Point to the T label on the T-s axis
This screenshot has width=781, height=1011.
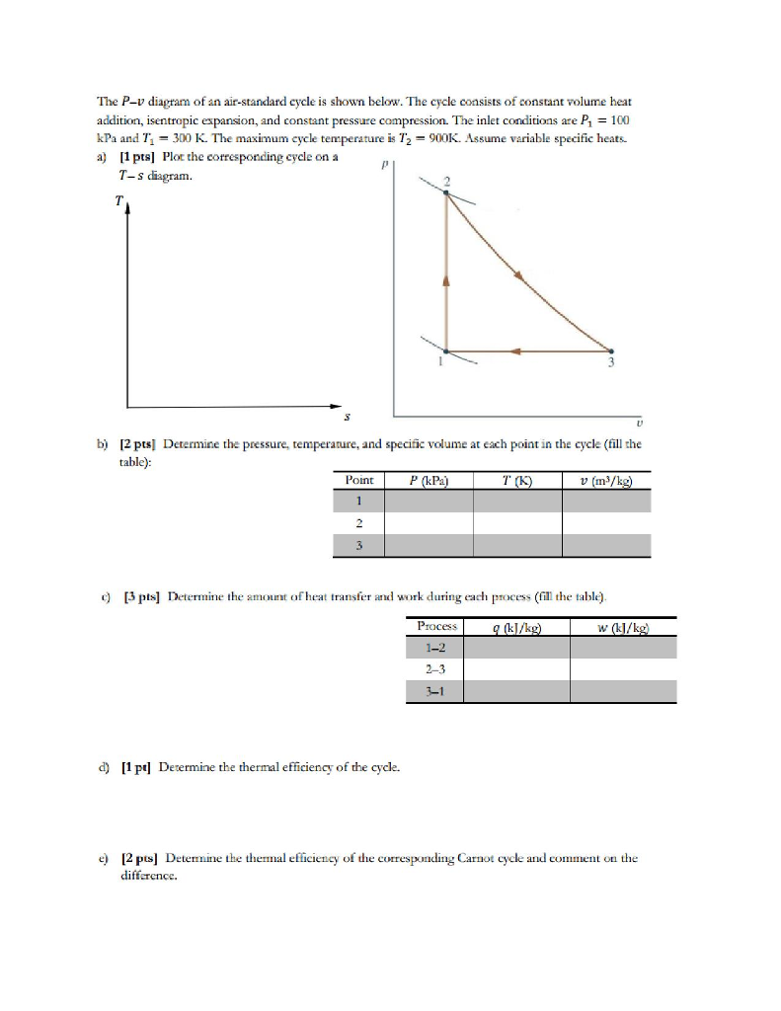118,201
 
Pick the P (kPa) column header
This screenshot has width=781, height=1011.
429,480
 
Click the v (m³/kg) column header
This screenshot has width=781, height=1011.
606,480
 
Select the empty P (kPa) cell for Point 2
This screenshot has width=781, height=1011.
429,523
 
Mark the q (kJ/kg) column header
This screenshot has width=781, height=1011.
516,626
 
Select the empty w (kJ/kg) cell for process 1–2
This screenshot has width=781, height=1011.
624,647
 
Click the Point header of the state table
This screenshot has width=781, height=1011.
359,480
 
